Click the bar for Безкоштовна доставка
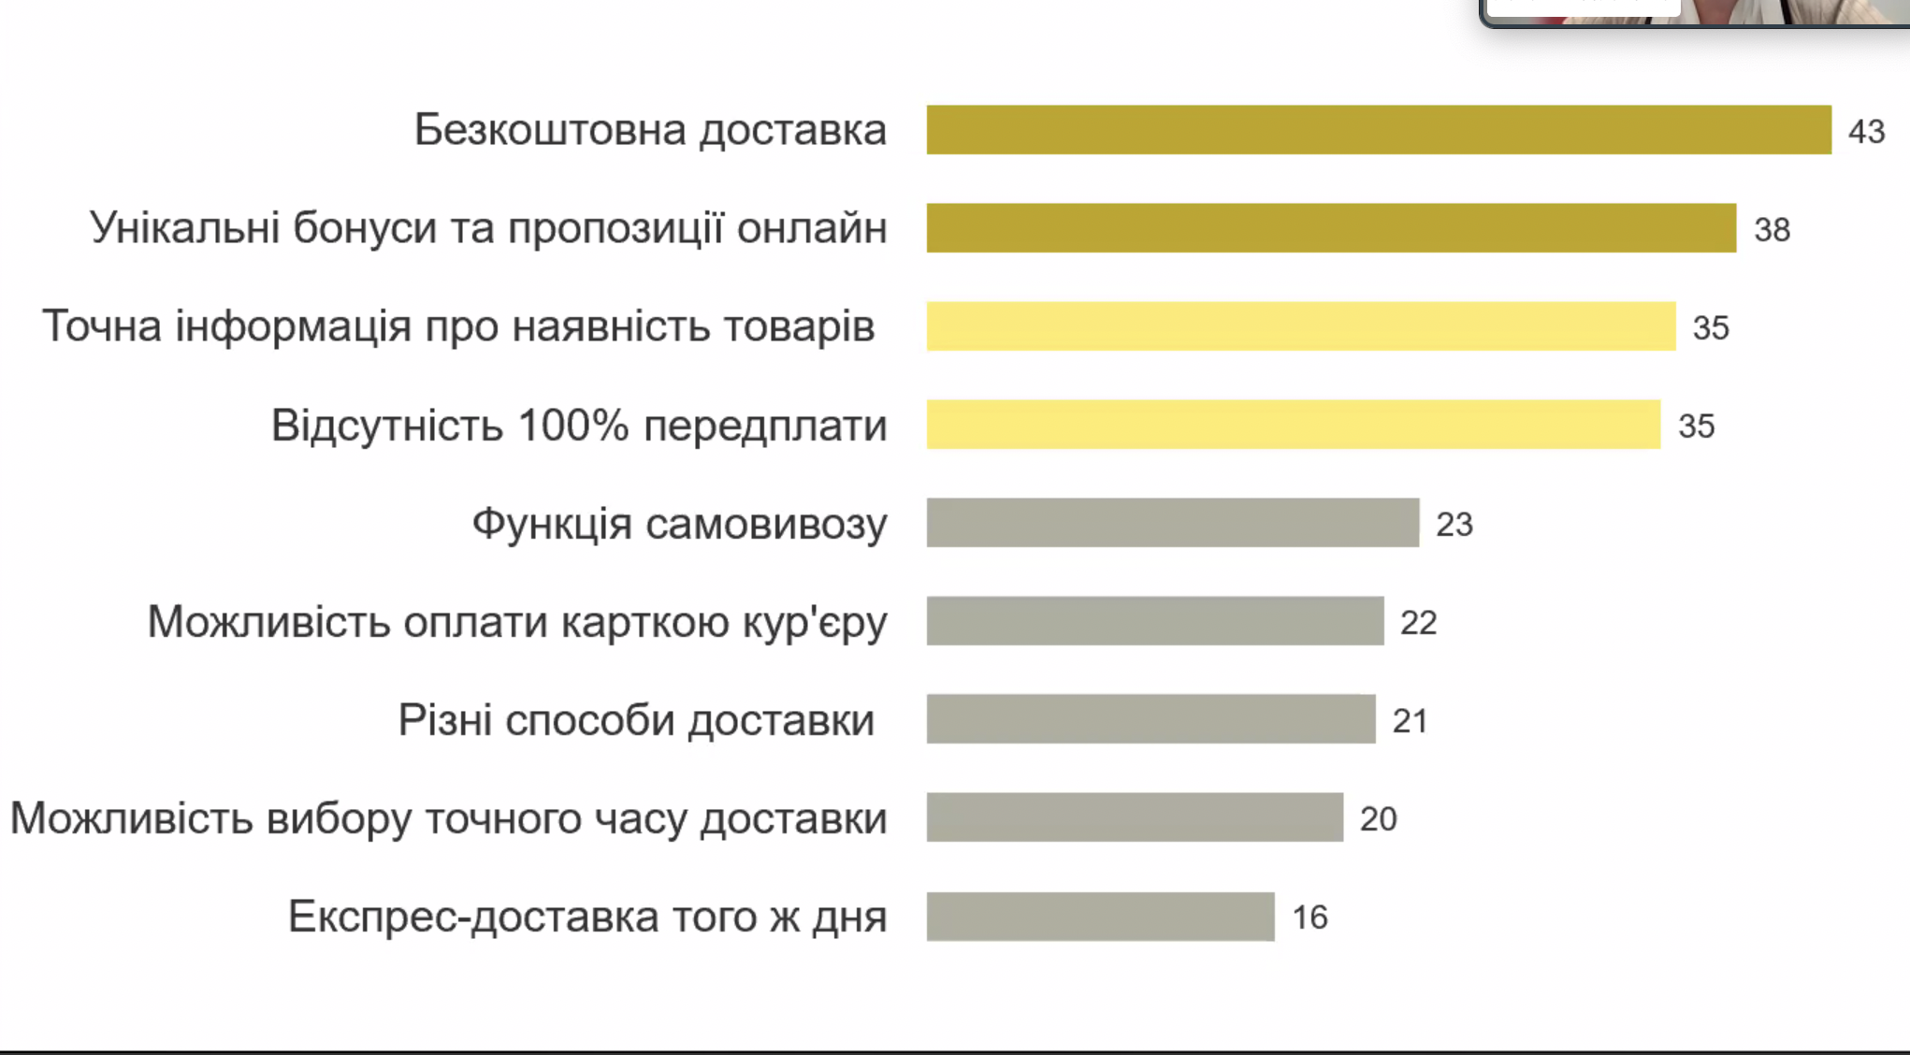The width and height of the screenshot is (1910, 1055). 1379,130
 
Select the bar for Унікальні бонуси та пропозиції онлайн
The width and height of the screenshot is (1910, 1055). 1331,228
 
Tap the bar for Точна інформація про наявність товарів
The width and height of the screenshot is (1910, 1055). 1301,326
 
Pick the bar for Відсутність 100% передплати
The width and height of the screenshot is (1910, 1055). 1294,425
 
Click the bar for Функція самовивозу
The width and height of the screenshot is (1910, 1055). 1173,523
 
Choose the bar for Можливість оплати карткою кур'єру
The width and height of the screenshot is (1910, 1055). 1155,621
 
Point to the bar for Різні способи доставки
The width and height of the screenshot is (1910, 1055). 1151,719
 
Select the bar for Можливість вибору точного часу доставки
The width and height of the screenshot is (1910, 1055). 1135,817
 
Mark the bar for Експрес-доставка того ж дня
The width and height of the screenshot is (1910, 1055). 1101,917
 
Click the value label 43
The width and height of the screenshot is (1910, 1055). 1866,132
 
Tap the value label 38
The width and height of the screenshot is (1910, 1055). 1772,230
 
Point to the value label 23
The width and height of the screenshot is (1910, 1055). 1454,525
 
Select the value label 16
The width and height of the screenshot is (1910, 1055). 1310,918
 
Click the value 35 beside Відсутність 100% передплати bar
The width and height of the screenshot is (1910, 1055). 1696,426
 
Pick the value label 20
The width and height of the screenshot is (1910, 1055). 1378,819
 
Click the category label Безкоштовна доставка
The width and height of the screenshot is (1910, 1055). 650,130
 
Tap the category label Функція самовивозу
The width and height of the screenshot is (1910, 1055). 679,524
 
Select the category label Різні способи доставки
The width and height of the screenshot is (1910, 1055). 636,720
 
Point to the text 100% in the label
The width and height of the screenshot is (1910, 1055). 572,426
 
